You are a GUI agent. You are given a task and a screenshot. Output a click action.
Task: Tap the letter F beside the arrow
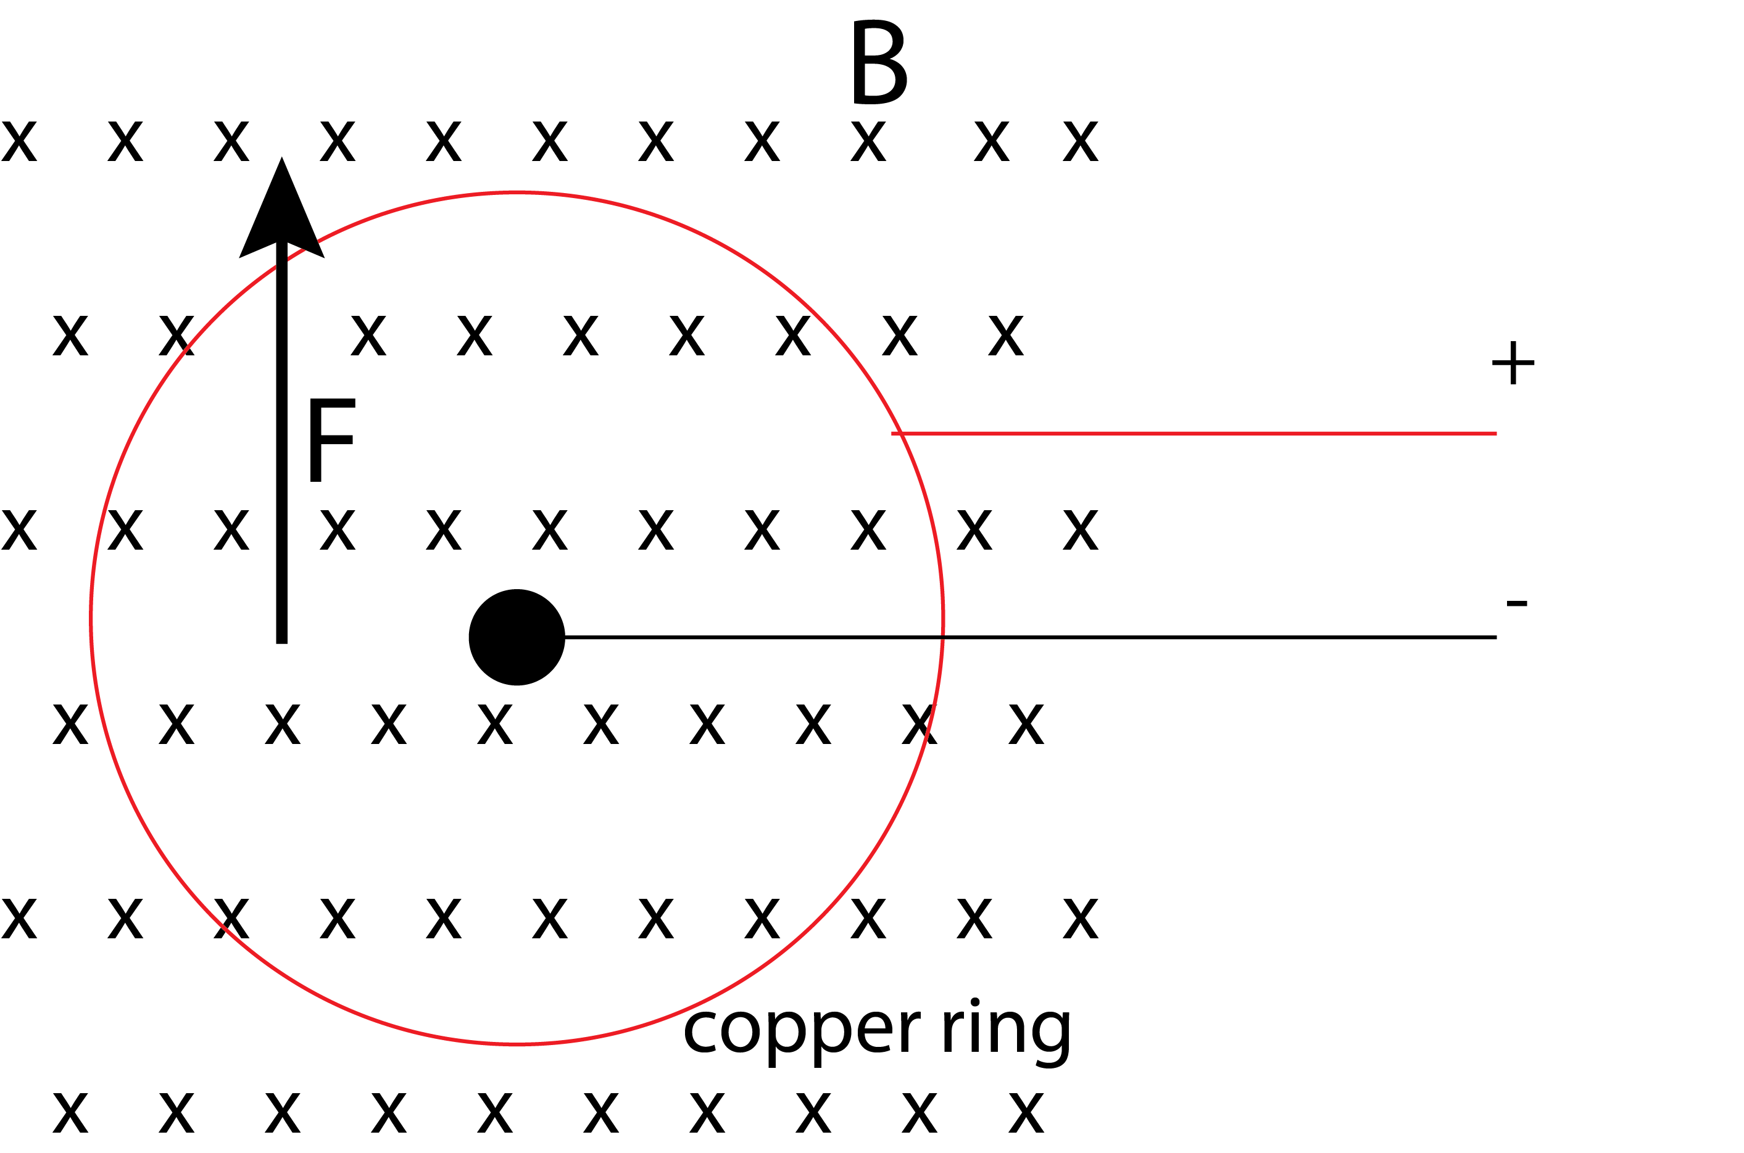332,440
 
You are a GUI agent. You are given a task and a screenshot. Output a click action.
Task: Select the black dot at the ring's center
517,637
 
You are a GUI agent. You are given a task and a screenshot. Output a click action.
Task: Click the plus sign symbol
1513,363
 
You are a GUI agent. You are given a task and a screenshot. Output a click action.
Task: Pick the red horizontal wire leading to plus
1194,434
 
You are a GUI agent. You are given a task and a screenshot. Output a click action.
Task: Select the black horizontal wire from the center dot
1031,637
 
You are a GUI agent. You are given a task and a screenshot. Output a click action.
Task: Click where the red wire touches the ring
901,434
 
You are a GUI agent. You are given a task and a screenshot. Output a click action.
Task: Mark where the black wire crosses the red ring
942,637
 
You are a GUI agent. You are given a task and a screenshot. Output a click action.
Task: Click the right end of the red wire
1496,434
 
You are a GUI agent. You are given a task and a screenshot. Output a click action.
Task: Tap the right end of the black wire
1496,637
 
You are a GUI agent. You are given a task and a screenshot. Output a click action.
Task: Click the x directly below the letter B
868,141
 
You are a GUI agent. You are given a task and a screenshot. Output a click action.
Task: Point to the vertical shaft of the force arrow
281,441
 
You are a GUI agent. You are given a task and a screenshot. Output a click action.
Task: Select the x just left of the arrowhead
231,141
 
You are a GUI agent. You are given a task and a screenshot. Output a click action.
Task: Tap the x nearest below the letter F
338,530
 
